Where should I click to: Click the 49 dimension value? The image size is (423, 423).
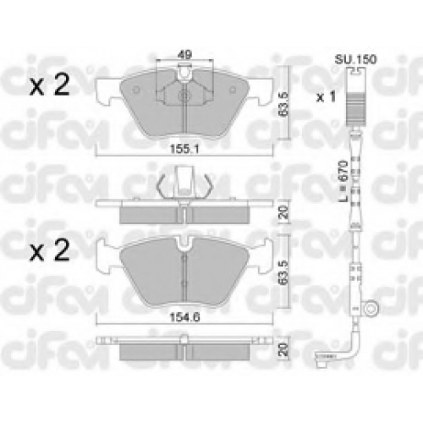pyautogui.click(x=184, y=54)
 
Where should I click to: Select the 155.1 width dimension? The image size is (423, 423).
pyautogui.click(x=184, y=149)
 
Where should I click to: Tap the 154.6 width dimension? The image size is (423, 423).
pyautogui.click(x=184, y=318)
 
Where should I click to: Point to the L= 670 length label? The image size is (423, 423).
pyautogui.click(x=343, y=181)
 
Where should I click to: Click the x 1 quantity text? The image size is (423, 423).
pyautogui.click(x=326, y=97)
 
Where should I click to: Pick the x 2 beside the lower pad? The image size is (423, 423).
pyautogui.click(x=50, y=250)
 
